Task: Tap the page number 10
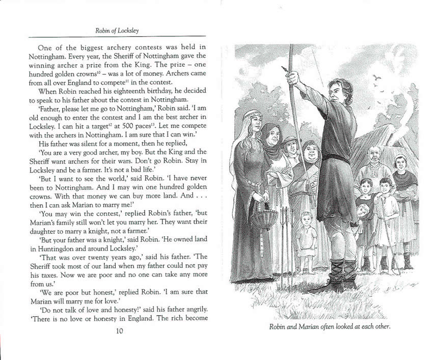(119, 331)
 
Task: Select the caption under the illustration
(329, 326)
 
